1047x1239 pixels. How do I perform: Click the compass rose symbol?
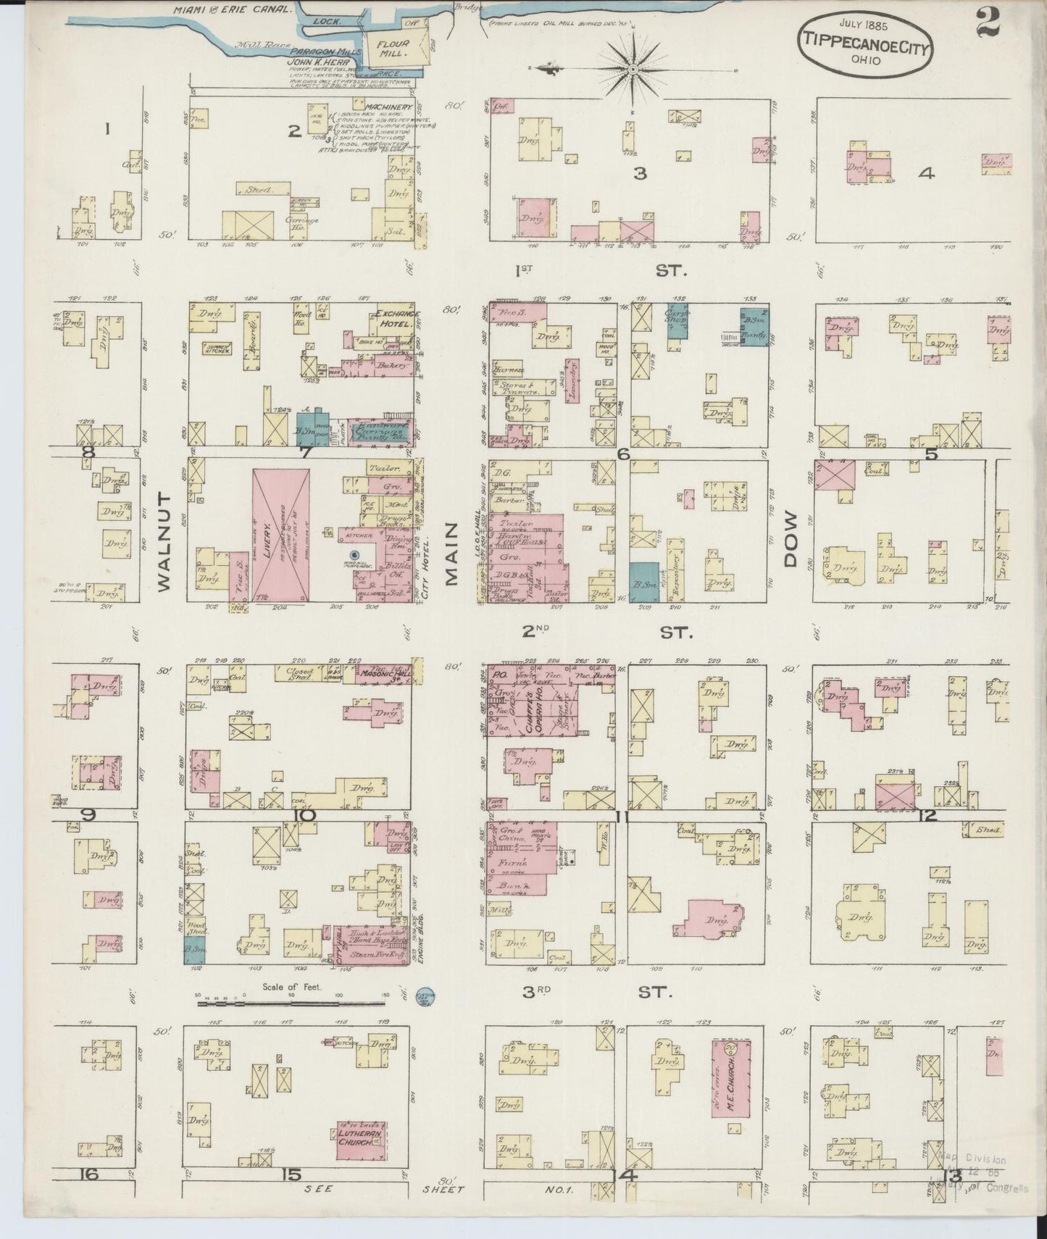pos(632,69)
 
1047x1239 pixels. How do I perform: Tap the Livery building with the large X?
pos(281,535)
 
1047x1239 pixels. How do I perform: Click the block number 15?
pos(292,1175)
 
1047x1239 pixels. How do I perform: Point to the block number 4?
pos(926,173)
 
